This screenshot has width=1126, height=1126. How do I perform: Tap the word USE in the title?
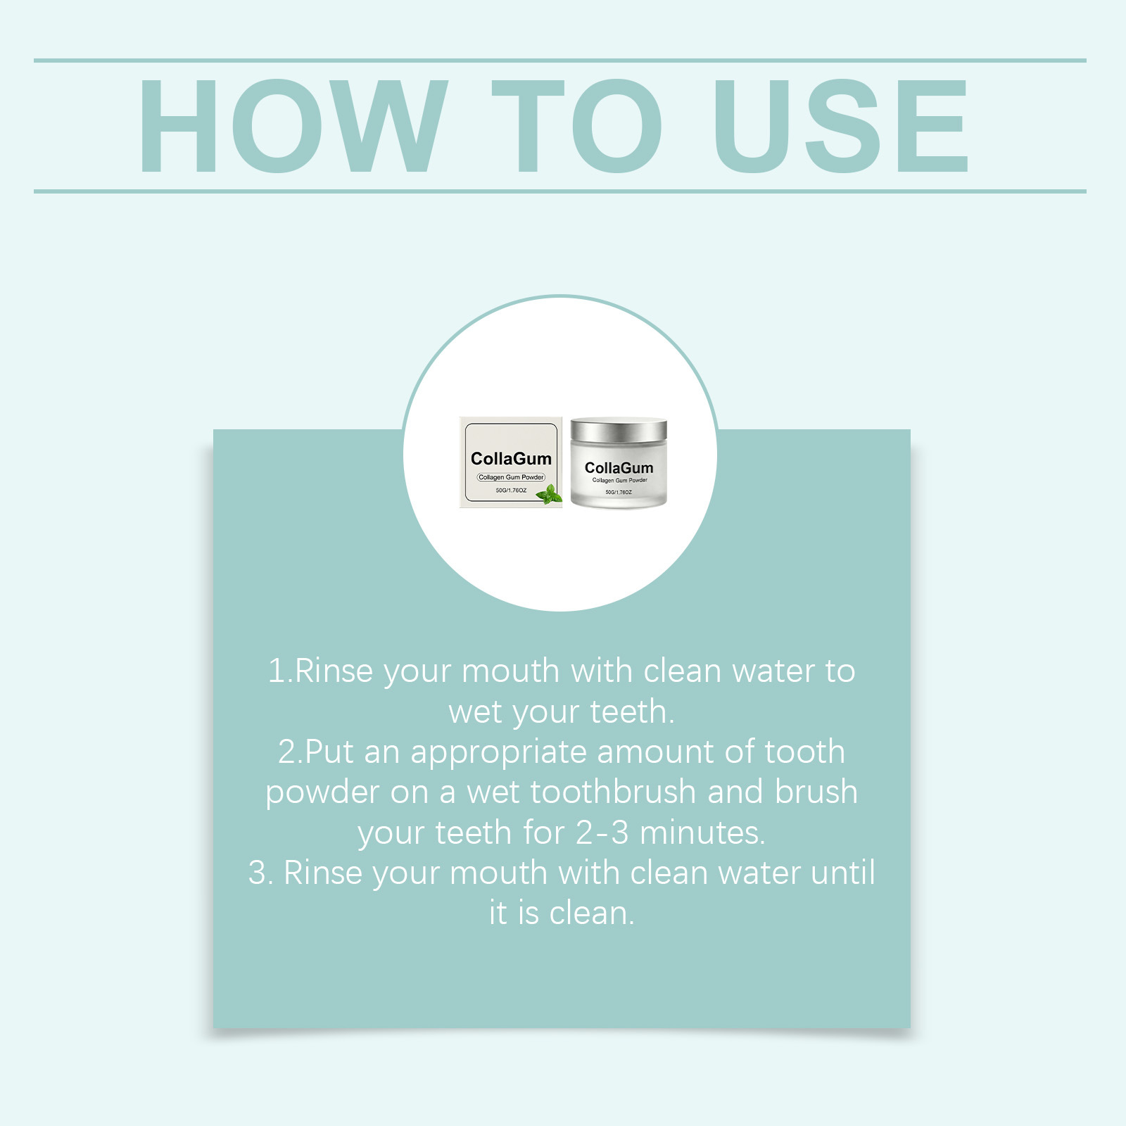841,126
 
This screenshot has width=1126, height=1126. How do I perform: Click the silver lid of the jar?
619,430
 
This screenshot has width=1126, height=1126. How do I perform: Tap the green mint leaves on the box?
550,494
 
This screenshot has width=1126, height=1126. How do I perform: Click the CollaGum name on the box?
511,459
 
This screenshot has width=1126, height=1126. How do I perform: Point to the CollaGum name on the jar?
619,468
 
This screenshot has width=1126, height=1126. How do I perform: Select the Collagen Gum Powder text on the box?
511,477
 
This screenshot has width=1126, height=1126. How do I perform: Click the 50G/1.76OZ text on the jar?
619,493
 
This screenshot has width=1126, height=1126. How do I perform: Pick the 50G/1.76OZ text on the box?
511,490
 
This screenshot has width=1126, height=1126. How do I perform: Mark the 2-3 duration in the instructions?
602,833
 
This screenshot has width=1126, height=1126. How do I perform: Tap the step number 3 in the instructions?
258,873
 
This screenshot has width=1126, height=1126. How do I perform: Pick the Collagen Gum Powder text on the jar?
619,481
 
